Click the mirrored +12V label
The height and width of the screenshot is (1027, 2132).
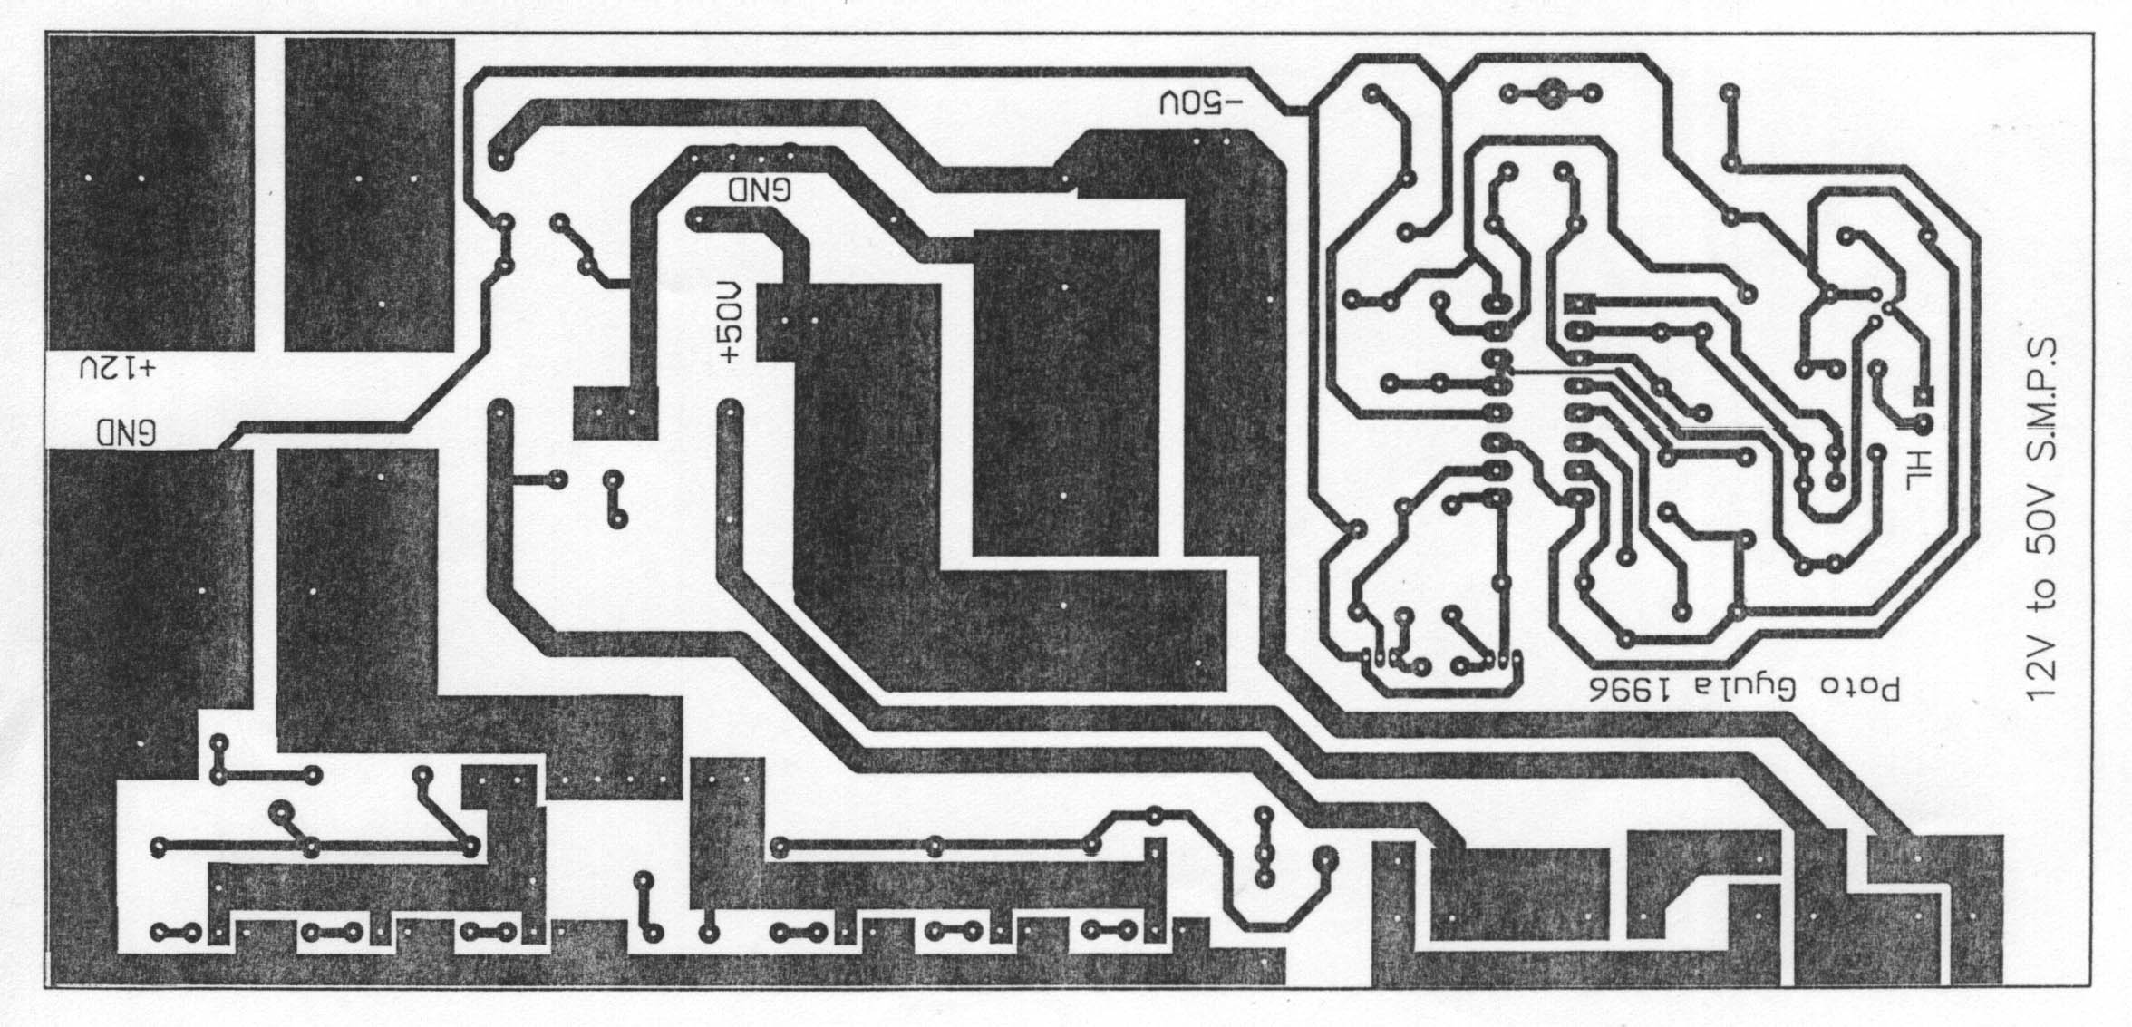[x=118, y=369]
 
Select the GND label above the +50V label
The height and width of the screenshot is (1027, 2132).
[x=760, y=189]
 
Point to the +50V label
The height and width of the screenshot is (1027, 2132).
[x=731, y=324]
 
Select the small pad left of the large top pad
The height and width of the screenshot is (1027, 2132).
[x=1510, y=92]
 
